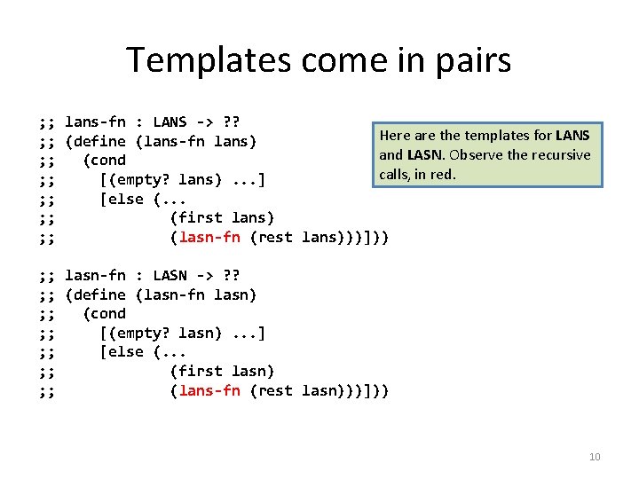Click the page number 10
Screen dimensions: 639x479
coord(595,457)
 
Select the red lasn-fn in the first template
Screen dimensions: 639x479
coord(209,237)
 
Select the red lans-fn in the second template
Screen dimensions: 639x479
coord(209,390)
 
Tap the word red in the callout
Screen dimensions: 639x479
coord(444,174)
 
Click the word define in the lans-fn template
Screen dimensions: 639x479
coord(100,141)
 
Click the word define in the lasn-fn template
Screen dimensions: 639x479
coord(100,294)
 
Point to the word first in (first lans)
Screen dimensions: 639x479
coord(201,217)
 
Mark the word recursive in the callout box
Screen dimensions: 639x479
coord(561,154)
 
